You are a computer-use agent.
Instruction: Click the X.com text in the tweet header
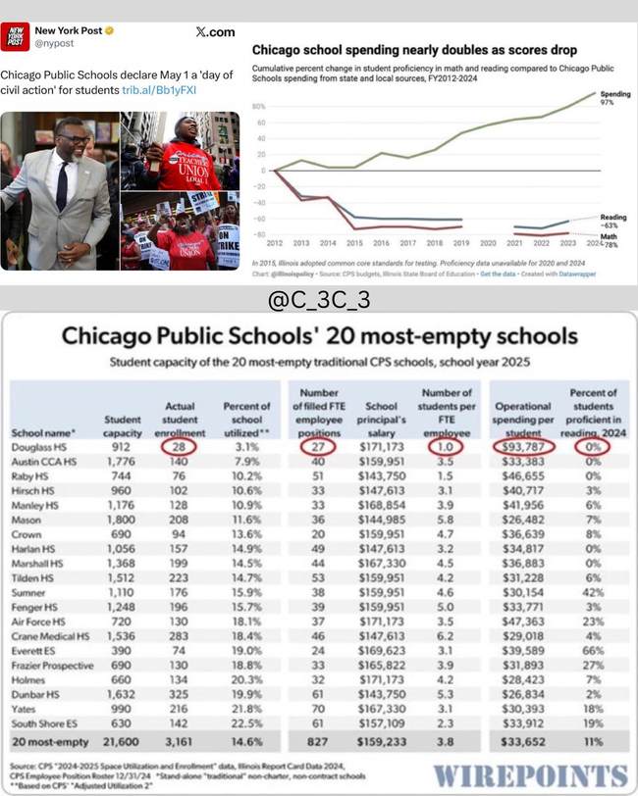215,32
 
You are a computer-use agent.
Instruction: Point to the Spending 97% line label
611,97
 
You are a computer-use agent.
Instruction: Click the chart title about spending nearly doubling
414,47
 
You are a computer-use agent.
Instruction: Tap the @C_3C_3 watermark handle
318,299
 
